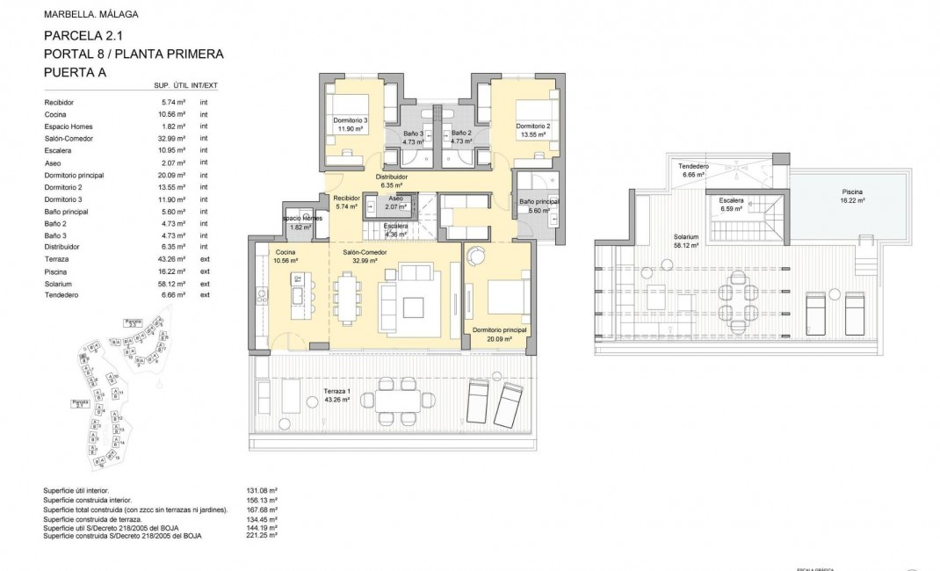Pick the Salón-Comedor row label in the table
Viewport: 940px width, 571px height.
coord(69,139)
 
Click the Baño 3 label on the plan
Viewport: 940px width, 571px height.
coord(413,134)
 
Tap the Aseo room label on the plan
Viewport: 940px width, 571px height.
coord(396,199)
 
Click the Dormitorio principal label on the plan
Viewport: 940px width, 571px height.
coord(497,330)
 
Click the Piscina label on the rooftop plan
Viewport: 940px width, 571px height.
coord(851,192)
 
